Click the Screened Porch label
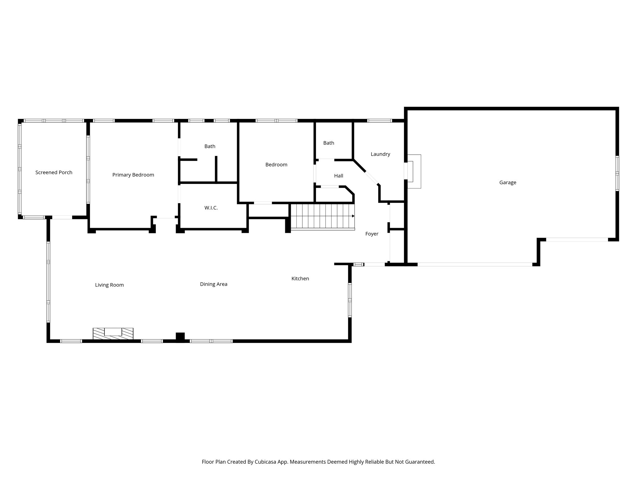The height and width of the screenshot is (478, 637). [x=54, y=172]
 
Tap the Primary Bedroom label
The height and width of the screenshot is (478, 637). [x=133, y=175]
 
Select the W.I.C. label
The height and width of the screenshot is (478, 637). [x=211, y=208]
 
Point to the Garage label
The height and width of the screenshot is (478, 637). [x=508, y=183]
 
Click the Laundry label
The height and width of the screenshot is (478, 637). [x=380, y=154]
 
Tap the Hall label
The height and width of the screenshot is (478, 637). [x=338, y=176]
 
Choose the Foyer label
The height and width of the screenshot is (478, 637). [x=372, y=234]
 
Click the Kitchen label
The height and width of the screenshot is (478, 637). [x=300, y=279]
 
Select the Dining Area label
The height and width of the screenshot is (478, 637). [x=214, y=284]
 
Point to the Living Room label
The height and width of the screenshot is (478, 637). [x=109, y=285]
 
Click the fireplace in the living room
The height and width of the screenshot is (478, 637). [x=113, y=333]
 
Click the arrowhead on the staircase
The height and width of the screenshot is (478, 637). [x=353, y=216]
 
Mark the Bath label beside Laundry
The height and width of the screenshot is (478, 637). [x=328, y=143]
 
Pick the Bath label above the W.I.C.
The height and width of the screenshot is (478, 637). [x=210, y=146]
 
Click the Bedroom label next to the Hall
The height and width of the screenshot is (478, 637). [x=276, y=165]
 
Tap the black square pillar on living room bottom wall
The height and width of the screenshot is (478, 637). [x=180, y=337]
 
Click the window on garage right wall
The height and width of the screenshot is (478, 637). [x=617, y=173]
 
